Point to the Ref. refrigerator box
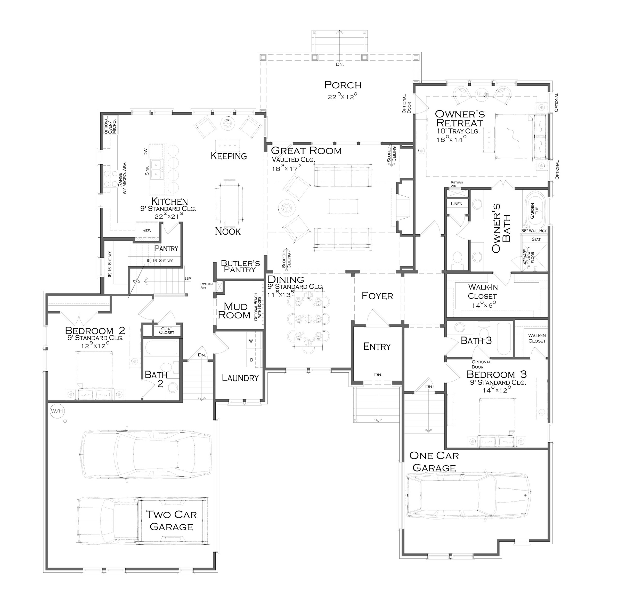146,230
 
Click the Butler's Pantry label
240,266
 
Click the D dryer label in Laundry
251,360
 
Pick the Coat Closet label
167,331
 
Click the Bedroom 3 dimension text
497,390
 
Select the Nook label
228,231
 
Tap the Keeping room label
229,156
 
